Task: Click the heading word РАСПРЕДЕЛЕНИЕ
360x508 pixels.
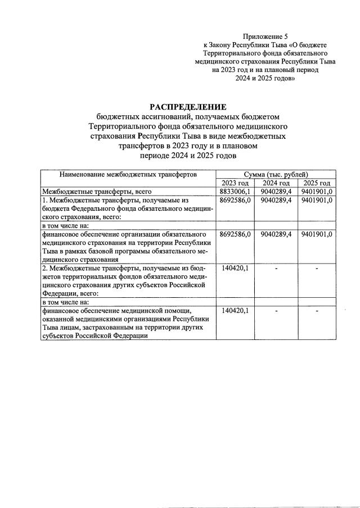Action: point(187,106)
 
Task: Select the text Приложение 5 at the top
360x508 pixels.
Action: point(264,35)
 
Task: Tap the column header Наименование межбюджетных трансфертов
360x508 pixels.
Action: point(129,175)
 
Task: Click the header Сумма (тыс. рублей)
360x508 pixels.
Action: point(276,175)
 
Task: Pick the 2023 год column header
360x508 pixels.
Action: point(235,183)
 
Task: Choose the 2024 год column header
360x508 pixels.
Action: point(276,183)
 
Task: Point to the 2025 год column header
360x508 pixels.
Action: point(317,183)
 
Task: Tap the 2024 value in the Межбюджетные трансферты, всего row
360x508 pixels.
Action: point(276,192)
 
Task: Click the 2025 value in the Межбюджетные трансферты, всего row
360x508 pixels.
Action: point(317,192)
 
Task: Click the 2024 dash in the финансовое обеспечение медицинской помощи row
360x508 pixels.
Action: point(276,311)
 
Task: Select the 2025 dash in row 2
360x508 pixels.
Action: point(317,269)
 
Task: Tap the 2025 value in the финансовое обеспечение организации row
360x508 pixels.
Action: point(317,234)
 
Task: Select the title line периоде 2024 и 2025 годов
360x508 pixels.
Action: point(187,155)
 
